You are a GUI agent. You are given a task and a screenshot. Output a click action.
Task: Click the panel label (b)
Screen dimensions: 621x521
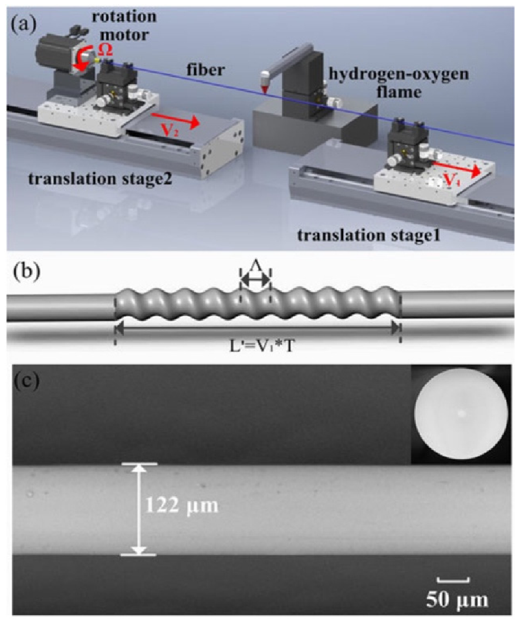pyautogui.click(x=22, y=275)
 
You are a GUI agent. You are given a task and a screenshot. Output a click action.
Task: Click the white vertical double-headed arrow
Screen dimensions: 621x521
pyautogui.click(x=139, y=509)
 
